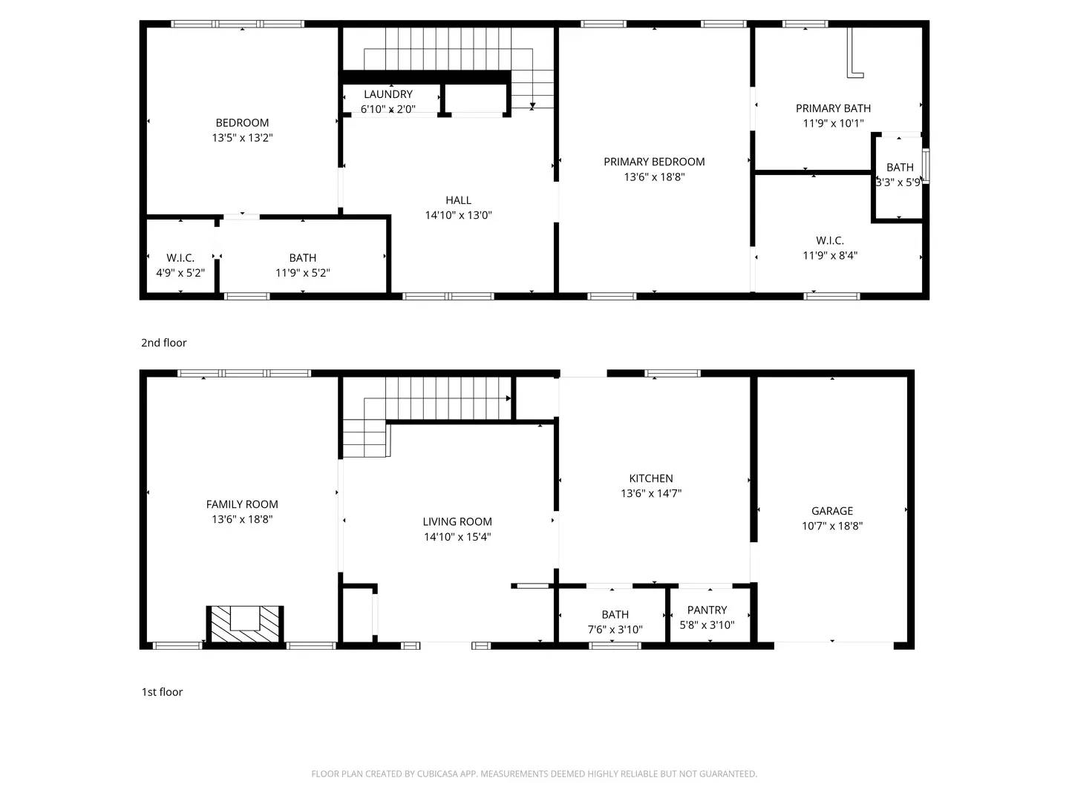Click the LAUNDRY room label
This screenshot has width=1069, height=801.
[388, 94]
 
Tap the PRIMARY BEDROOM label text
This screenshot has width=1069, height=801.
[654, 162]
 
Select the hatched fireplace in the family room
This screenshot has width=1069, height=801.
[245, 624]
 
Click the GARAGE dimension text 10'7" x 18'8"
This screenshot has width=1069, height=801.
[832, 526]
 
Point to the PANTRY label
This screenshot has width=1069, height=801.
[707, 610]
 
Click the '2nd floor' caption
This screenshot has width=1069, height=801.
[164, 343]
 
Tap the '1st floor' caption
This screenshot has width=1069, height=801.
[163, 692]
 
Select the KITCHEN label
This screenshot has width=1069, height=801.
[651, 478]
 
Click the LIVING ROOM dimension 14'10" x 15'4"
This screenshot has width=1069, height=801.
[457, 537]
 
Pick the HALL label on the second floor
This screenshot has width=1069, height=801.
[458, 200]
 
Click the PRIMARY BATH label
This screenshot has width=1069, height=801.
[833, 108]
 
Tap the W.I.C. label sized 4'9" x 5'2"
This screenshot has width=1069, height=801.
[180, 258]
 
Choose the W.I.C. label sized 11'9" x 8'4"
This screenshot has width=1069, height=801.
[830, 240]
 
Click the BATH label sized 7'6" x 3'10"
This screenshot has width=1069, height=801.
[615, 614]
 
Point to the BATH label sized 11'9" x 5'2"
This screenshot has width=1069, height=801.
[303, 258]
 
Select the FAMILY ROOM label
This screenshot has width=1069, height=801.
[242, 504]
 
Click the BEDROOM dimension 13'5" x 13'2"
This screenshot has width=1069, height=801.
[242, 138]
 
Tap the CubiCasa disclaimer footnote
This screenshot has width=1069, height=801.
[534, 774]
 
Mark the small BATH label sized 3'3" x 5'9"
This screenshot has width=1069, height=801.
[900, 168]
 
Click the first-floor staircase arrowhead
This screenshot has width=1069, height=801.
[509, 398]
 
